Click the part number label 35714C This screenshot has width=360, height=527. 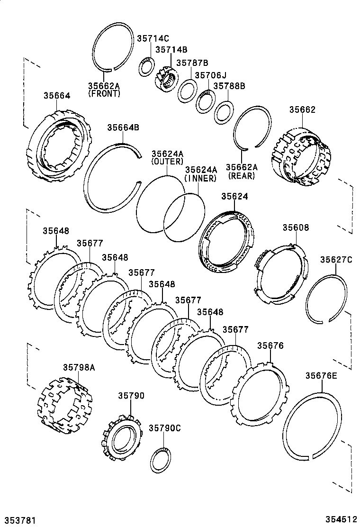point(153,39)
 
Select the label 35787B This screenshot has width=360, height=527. point(192,63)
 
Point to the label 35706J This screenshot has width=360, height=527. point(211,75)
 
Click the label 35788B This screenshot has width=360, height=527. point(229,86)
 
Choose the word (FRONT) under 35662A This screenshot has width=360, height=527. point(104,94)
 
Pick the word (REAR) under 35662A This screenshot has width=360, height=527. point(242,176)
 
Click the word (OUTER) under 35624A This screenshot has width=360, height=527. point(167,162)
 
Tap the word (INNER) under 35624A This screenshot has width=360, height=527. point(201,178)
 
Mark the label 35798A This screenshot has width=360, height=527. point(79,367)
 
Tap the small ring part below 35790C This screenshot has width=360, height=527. point(161,459)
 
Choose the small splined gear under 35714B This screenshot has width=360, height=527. point(166,81)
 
